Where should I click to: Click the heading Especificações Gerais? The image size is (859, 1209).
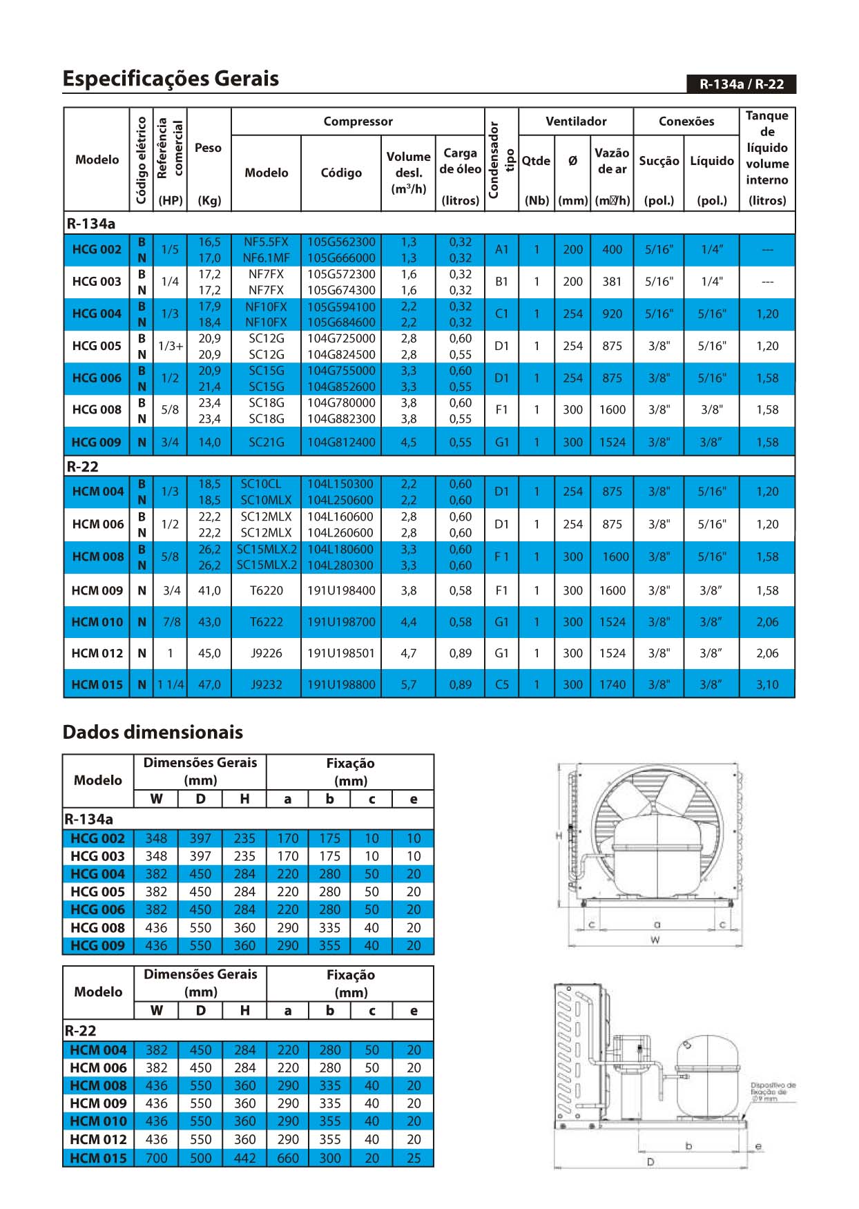[x=171, y=78]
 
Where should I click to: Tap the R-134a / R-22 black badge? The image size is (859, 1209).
[x=741, y=84]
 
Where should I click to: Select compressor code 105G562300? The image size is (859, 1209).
[x=341, y=242]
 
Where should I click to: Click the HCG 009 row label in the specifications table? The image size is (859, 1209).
[x=97, y=443]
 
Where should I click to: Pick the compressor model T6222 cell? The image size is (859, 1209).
[x=267, y=622]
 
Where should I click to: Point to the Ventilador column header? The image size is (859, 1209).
[x=576, y=122]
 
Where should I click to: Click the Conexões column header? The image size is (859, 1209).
[x=686, y=122]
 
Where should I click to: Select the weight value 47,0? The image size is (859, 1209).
[x=209, y=685]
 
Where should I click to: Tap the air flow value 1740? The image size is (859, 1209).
[x=612, y=685]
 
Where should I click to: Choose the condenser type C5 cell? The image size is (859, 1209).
[x=502, y=685]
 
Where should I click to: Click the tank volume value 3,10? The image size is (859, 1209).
[x=767, y=685]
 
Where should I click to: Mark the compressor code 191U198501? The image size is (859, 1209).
[x=341, y=653]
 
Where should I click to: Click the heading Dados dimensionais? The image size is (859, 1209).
[x=153, y=732]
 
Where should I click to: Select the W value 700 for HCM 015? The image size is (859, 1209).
[x=156, y=1158]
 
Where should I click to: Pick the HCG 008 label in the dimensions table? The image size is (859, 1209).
[x=97, y=927]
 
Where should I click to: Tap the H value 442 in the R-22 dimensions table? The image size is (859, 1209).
[x=244, y=1158]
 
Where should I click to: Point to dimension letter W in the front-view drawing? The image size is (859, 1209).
[x=655, y=940]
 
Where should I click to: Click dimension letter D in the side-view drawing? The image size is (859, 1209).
[x=650, y=1162]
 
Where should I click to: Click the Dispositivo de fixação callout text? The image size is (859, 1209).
[x=773, y=1092]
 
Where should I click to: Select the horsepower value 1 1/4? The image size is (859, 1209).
[x=171, y=685]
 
